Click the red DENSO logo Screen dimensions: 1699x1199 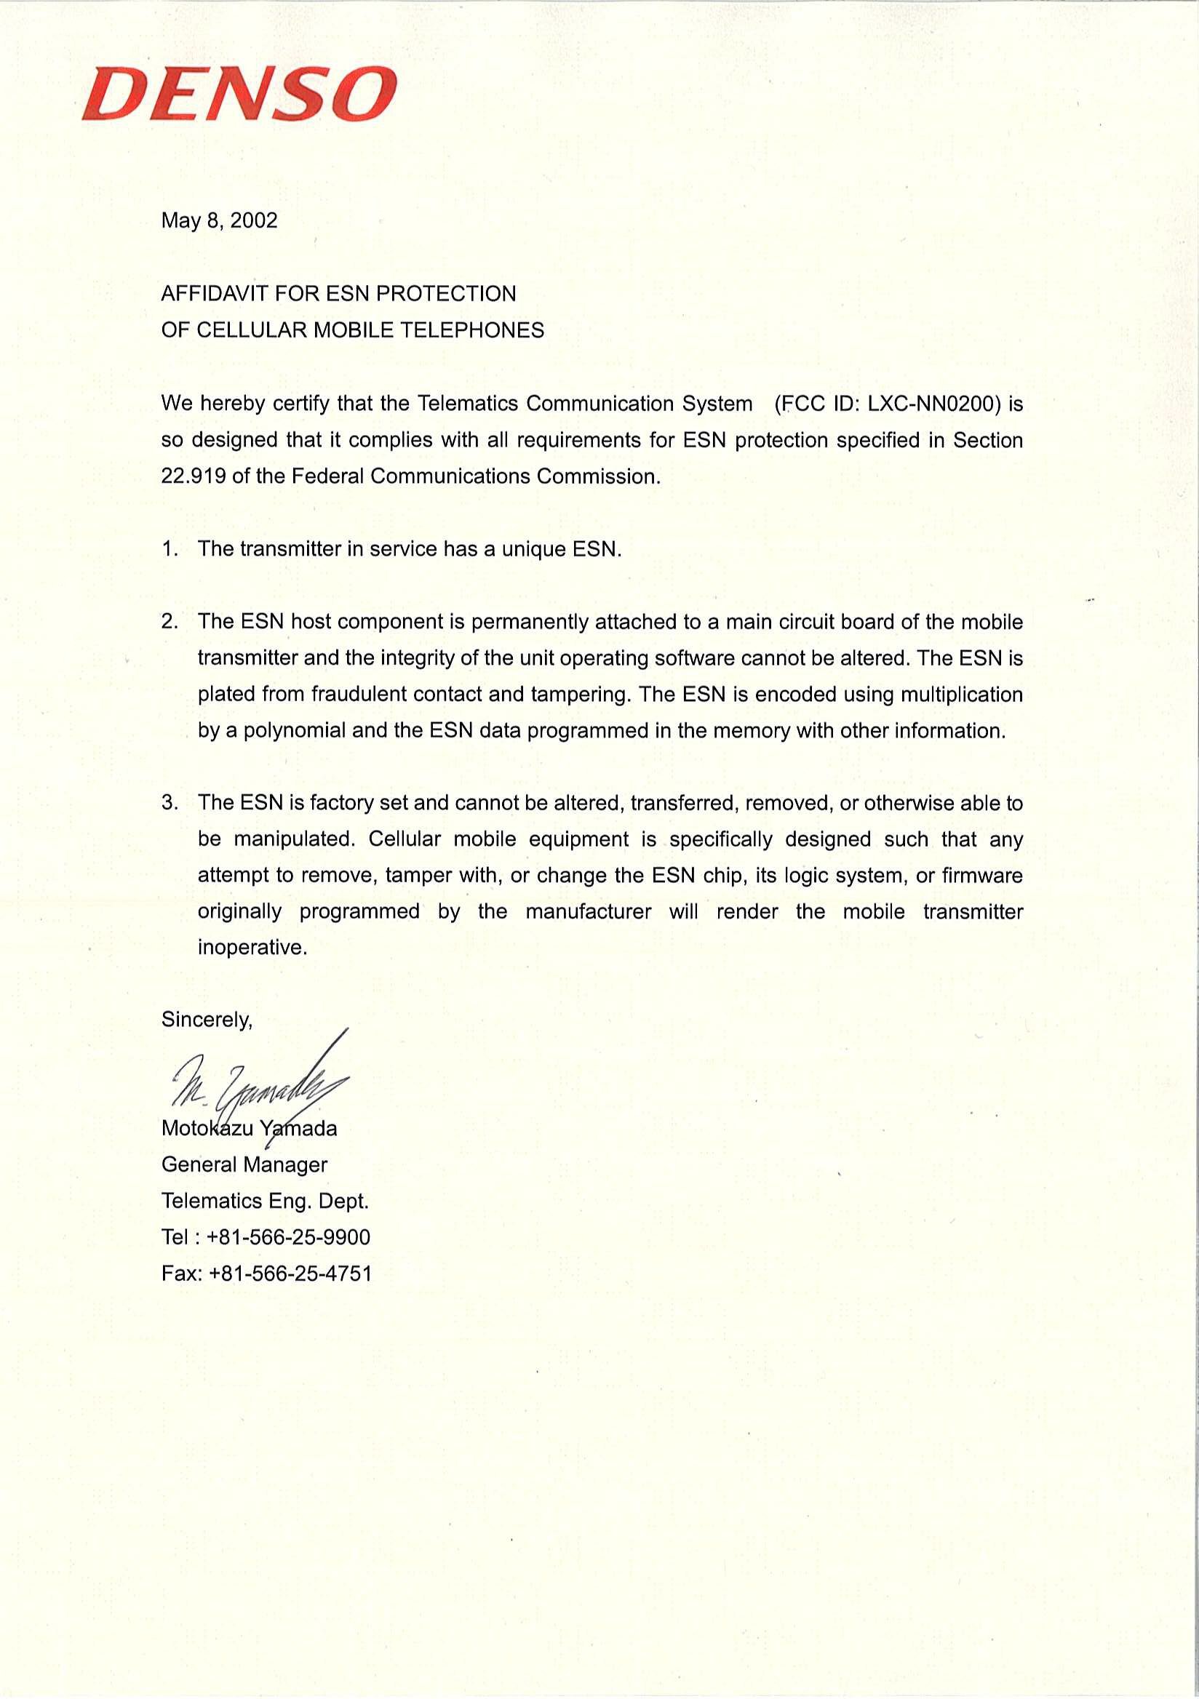(239, 94)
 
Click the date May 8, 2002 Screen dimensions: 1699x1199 (219, 220)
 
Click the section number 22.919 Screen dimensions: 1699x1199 (194, 476)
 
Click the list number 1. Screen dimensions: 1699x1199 (170, 549)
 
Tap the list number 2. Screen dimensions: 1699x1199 (170, 622)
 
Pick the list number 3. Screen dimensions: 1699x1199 (170, 803)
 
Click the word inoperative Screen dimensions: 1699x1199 (252, 948)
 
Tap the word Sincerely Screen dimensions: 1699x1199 (207, 1020)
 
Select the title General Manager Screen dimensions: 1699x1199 (244, 1164)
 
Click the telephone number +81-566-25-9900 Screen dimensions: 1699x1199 (289, 1237)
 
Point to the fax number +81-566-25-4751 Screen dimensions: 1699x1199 (290, 1274)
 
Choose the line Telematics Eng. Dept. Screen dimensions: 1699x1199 (265, 1201)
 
